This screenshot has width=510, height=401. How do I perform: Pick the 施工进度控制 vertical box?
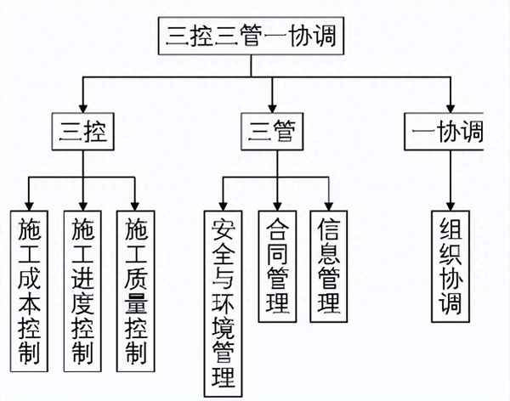pyautogui.click(x=82, y=290)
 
